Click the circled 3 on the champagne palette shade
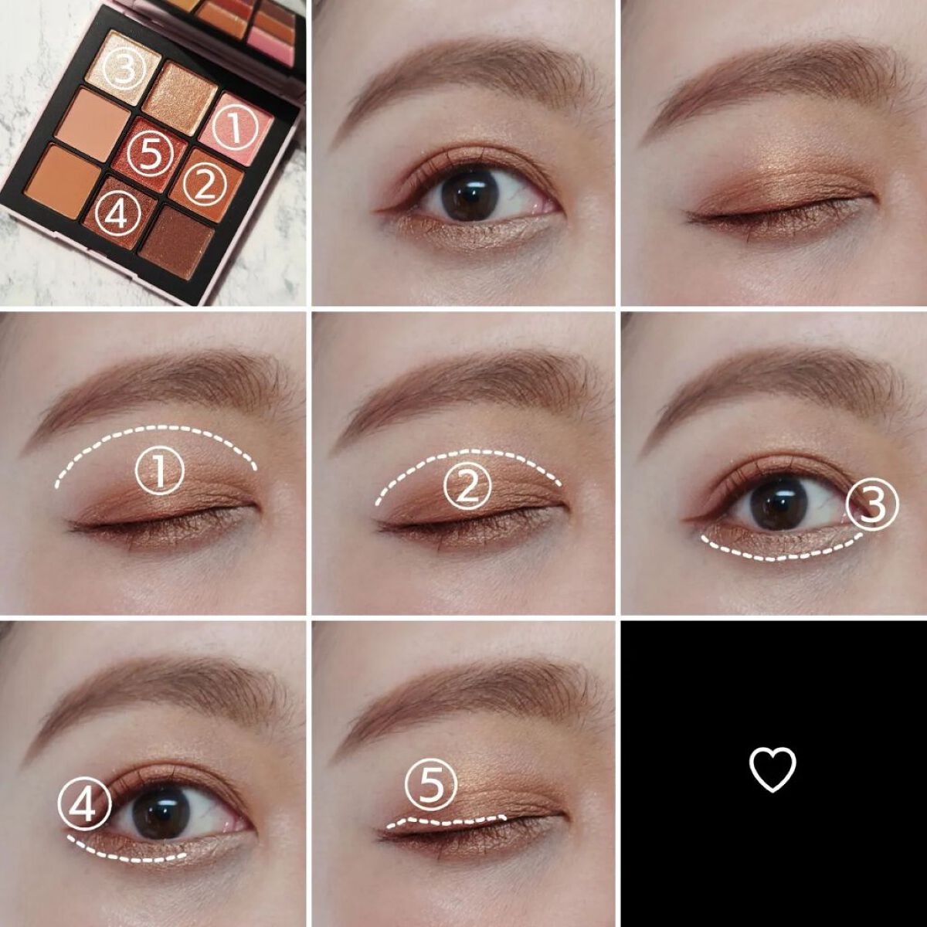[124, 68]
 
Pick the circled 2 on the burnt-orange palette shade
[203, 183]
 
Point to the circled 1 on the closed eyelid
[160, 472]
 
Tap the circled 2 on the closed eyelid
[467, 487]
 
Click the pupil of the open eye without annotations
[468, 195]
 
